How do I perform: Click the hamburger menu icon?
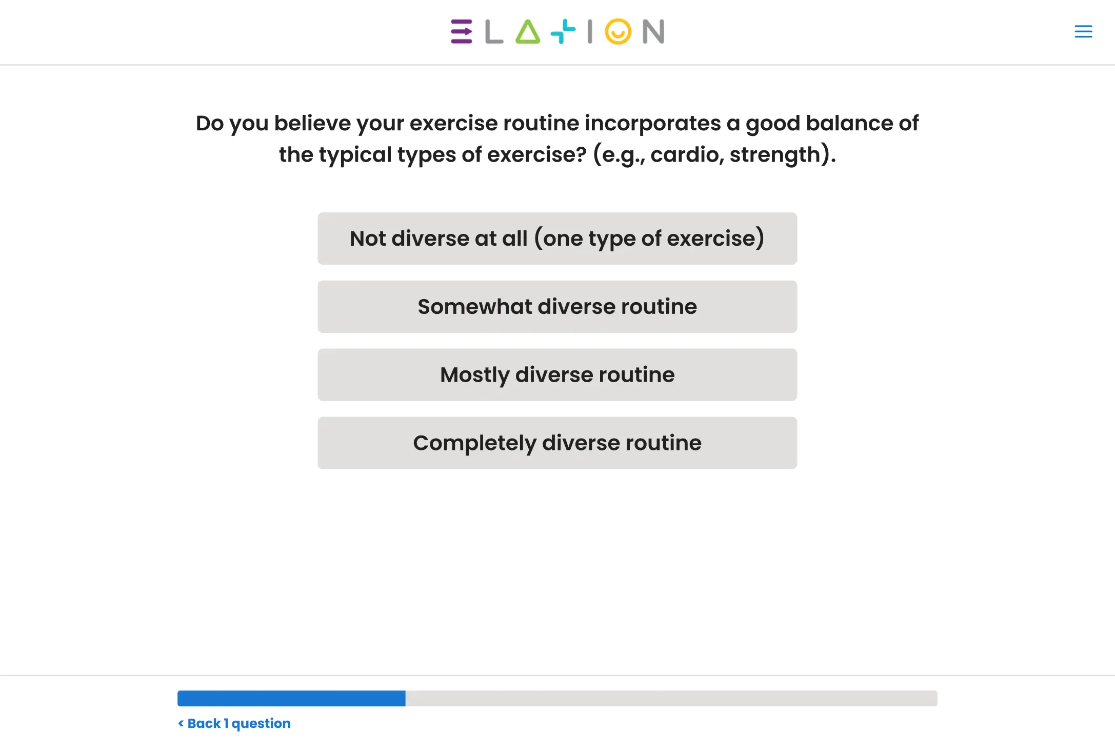(1083, 32)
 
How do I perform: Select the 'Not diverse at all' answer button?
(557, 239)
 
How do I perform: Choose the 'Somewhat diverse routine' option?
(557, 307)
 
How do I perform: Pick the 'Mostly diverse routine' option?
(557, 375)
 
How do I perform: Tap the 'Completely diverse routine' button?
(557, 443)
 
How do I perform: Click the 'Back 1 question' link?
(234, 723)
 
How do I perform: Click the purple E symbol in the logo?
(462, 32)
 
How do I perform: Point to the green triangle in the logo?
(528, 32)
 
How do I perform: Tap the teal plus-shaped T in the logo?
(563, 32)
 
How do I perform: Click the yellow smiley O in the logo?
(618, 32)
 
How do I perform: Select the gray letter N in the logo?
(653, 32)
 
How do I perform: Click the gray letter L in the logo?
(494, 32)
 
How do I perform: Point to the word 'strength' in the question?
(775, 154)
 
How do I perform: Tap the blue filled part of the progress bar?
(291, 698)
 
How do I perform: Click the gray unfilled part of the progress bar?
(671, 698)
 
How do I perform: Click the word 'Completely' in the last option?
(474, 443)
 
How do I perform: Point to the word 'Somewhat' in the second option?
(475, 307)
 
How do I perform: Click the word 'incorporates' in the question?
(652, 123)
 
